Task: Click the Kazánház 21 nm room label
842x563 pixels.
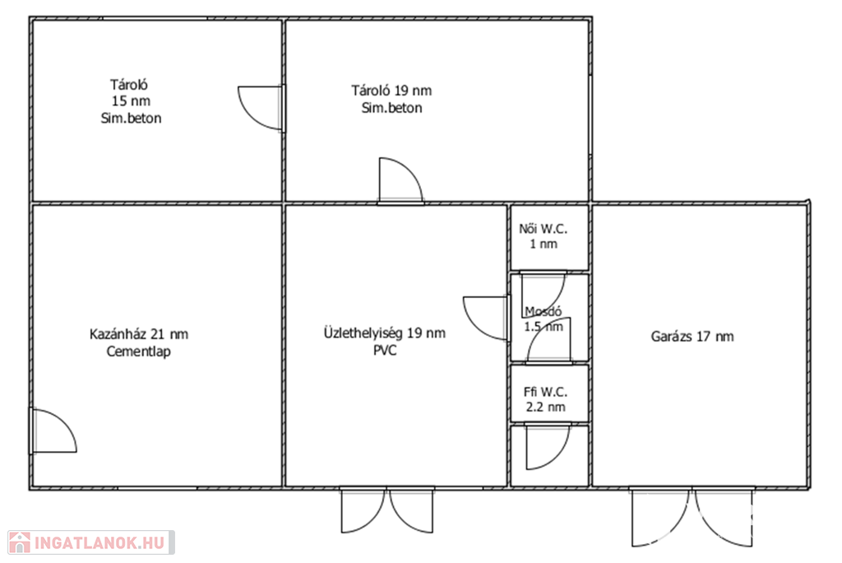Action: coord(138,334)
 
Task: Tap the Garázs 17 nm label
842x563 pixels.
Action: coord(692,337)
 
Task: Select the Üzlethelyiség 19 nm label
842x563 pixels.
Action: coord(385,333)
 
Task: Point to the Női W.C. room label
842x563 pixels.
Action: coord(543,236)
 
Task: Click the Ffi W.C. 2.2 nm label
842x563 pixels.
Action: coord(546,399)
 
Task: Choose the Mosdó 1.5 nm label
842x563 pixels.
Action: coord(544,319)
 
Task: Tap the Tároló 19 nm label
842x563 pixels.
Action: coord(391,91)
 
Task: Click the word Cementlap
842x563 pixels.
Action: coord(138,351)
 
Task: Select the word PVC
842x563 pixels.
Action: coord(385,351)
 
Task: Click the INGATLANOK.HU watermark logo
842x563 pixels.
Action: coord(90,542)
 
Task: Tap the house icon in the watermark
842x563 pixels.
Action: coord(20,542)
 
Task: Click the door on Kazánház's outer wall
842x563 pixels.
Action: coord(53,430)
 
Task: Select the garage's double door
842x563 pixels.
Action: coord(692,517)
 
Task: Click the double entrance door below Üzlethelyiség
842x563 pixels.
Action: coord(386,510)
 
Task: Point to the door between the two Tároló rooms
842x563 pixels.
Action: coord(261,108)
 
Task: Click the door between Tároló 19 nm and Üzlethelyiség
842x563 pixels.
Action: coord(400,181)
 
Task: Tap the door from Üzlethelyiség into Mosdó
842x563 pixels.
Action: coord(486,318)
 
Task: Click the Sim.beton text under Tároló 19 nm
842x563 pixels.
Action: coord(391,108)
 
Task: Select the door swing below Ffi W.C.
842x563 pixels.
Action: coord(547,447)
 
